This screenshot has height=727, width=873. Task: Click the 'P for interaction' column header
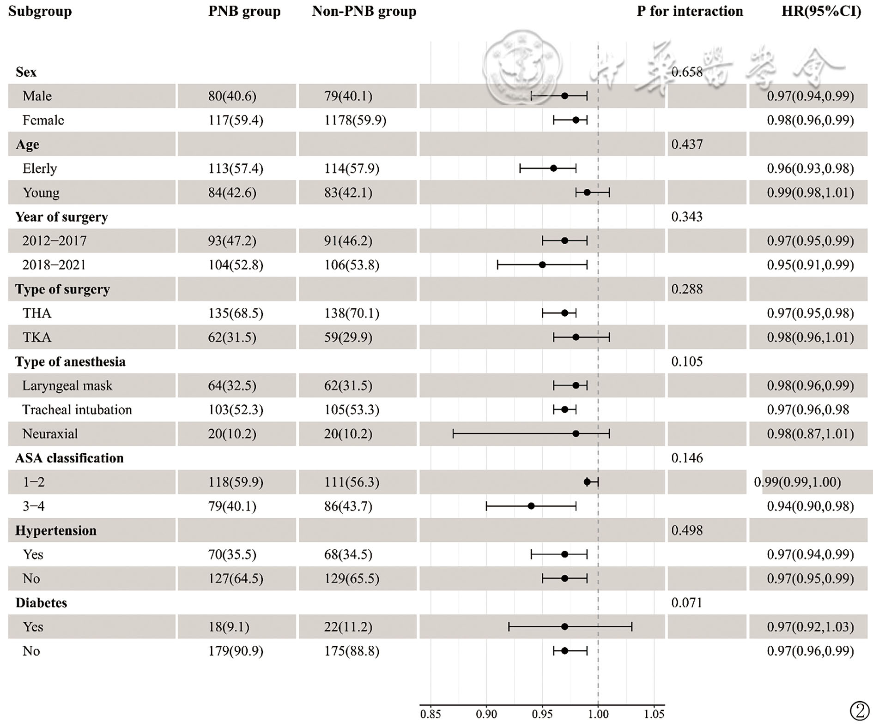coord(690,12)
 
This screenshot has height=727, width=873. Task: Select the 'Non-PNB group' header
coord(364,12)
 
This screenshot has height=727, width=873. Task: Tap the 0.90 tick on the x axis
coord(486,715)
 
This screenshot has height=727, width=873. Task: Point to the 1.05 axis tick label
coord(654,715)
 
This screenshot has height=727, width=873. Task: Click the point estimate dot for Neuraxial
coord(576,434)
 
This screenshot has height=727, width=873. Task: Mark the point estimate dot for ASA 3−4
coord(531,506)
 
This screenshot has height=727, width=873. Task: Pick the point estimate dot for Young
coord(587,192)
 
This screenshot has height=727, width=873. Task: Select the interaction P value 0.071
coord(686,603)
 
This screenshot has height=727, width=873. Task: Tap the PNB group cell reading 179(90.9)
coord(236,651)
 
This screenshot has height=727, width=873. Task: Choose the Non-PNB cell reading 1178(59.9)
coord(355,120)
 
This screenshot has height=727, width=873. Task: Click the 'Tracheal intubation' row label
coord(77,410)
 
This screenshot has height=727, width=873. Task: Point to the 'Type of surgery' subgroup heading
coord(62,289)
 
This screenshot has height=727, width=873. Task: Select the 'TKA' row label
coord(37,337)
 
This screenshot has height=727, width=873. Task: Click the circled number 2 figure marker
coord(859,711)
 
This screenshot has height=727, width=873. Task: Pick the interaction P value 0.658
coord(687,72)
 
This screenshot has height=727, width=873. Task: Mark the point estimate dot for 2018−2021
coord(542,265)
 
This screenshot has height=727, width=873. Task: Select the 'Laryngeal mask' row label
coord(67,386)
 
